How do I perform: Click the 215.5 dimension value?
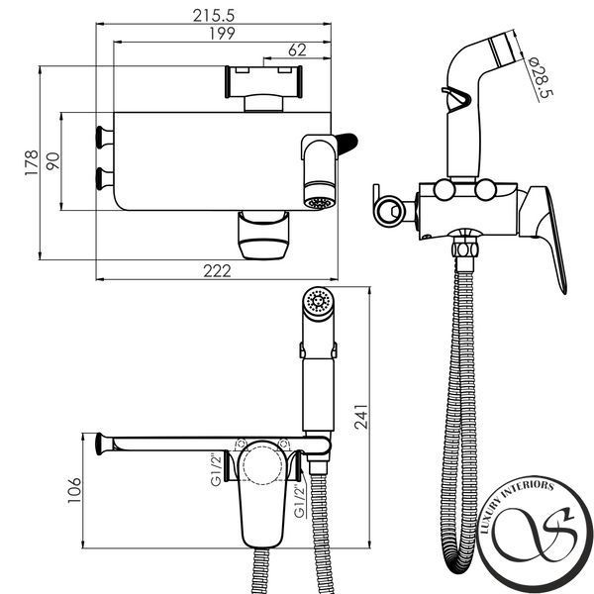click(214, 16)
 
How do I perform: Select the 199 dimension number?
click(223, 34)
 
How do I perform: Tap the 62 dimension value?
click(297, 50)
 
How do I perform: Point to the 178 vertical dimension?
click(32, 162)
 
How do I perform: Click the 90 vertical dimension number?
click(53, 161)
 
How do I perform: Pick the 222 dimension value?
click(217, 271)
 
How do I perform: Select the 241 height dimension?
click(361, 417)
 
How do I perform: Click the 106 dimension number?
click(74, 490)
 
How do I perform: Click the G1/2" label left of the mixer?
click(216, 469)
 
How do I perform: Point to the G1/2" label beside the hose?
click(300, 502)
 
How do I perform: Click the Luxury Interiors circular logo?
click(535, 535)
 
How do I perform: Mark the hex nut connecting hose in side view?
click(464, 250)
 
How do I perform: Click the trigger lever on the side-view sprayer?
click(457, 98)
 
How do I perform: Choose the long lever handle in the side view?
click(545, 235)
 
